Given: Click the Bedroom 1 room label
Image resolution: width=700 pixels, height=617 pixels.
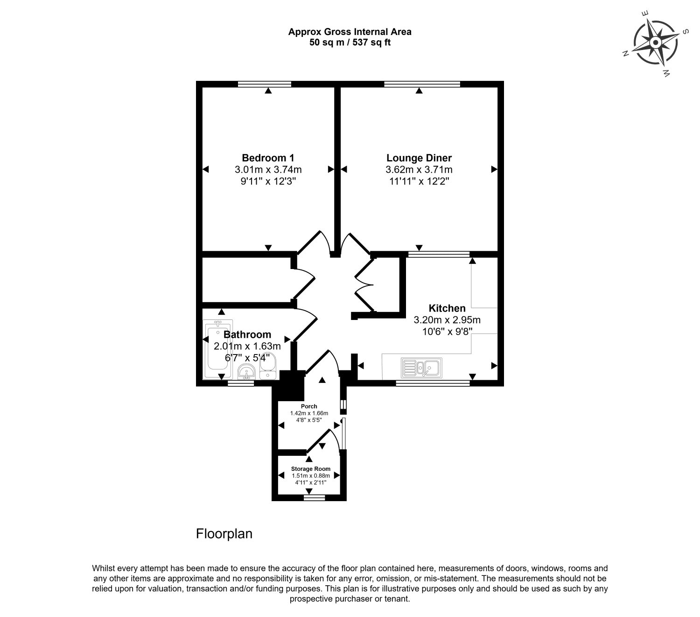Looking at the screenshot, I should (268, 158).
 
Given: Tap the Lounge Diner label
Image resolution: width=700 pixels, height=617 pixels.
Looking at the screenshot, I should (419, 158).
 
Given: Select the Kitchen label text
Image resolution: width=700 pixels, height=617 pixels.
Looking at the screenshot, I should (447, 308).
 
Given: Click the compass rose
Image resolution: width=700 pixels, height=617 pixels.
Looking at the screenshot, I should (655, 43).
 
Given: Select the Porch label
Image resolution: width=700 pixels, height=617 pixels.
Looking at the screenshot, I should (309, 406).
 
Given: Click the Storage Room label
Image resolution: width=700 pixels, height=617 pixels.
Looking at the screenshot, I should (311, 469).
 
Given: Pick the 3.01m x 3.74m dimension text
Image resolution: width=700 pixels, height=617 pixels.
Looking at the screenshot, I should (268, 170).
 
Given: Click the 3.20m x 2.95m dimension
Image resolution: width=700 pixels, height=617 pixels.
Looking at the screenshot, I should (447, 320).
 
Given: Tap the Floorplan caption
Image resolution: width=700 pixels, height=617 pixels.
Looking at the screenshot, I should (224, 534).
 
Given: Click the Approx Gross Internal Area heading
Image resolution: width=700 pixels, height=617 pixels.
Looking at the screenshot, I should (350, 32).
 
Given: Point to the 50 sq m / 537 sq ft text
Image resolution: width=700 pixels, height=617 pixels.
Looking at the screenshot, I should (350, 43).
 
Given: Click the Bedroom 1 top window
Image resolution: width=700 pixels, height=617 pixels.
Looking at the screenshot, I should (265, 84).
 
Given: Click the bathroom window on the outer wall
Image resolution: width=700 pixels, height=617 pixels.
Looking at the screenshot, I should (241, 383).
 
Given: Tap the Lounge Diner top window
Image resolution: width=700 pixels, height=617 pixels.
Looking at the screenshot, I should (422, 84).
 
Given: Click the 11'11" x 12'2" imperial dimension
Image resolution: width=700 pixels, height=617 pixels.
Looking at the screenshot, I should (419, 181).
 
